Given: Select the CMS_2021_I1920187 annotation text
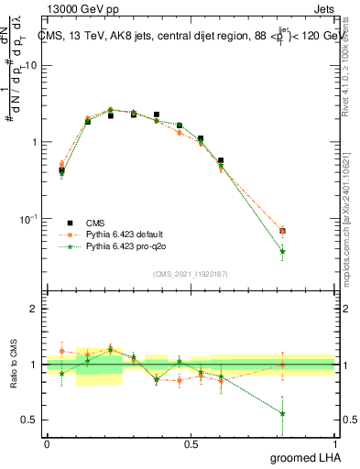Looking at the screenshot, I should coord(191,273).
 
